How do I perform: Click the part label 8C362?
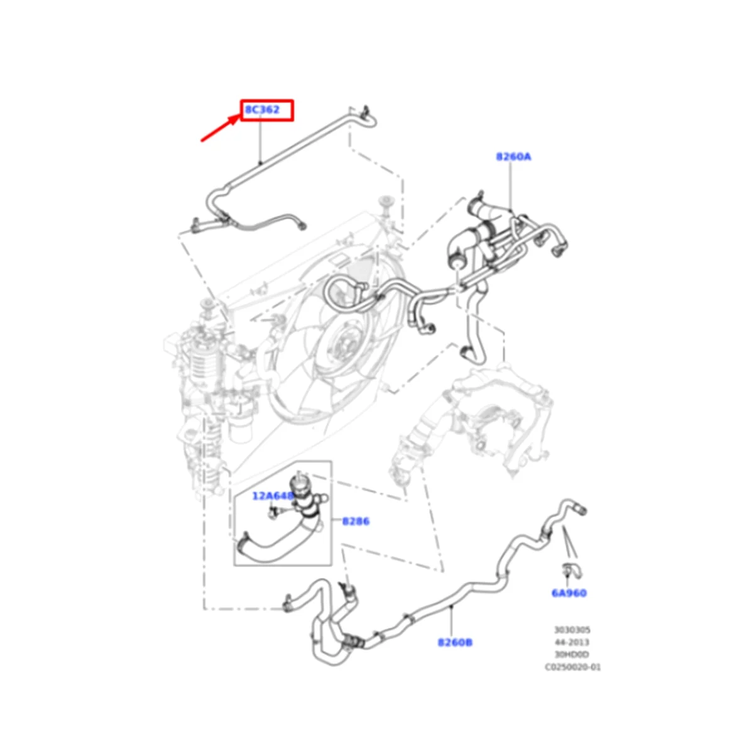tap(262, 110)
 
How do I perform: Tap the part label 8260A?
tap(513, 156)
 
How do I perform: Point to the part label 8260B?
tap(455, 642)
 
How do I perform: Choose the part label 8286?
tap(356, 521)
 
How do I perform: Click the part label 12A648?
tap(273, 496)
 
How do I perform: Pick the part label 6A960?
tap(569, 593)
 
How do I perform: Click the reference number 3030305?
tap(572, 630)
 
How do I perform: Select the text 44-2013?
tap(572, 642)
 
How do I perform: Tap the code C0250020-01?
tap(572, 667)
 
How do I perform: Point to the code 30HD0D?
tap(572, 655)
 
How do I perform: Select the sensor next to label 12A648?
tap(273, 513)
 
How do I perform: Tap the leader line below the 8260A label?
tap(511, 185)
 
